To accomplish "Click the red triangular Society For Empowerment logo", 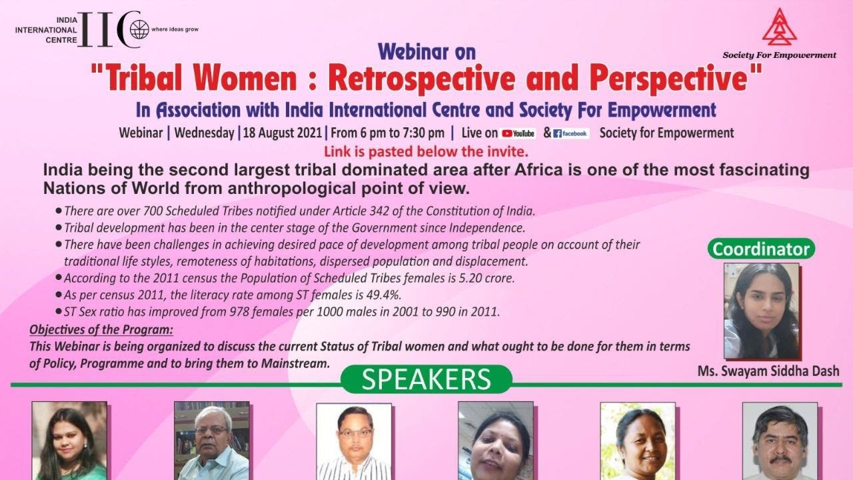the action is [780, 27].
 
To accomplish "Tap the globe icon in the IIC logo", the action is [139, 30].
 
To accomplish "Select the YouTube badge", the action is [518, 133].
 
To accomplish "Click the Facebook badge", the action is [571, 133].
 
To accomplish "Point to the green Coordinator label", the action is [761, 249].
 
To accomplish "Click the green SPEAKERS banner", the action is [426, 379].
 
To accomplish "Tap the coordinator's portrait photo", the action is [761, 311].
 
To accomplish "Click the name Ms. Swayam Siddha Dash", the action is [768, 371].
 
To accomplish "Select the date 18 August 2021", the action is [283, 133].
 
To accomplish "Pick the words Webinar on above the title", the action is [426, 52].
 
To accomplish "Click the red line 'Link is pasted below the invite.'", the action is [426, 151].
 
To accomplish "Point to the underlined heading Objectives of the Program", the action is [101, 330].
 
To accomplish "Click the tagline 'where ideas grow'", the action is [175, 29].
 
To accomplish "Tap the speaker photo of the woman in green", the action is [69, 441].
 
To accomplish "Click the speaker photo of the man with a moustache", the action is [780, 441].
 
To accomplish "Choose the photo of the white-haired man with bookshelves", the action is [212, 441].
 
